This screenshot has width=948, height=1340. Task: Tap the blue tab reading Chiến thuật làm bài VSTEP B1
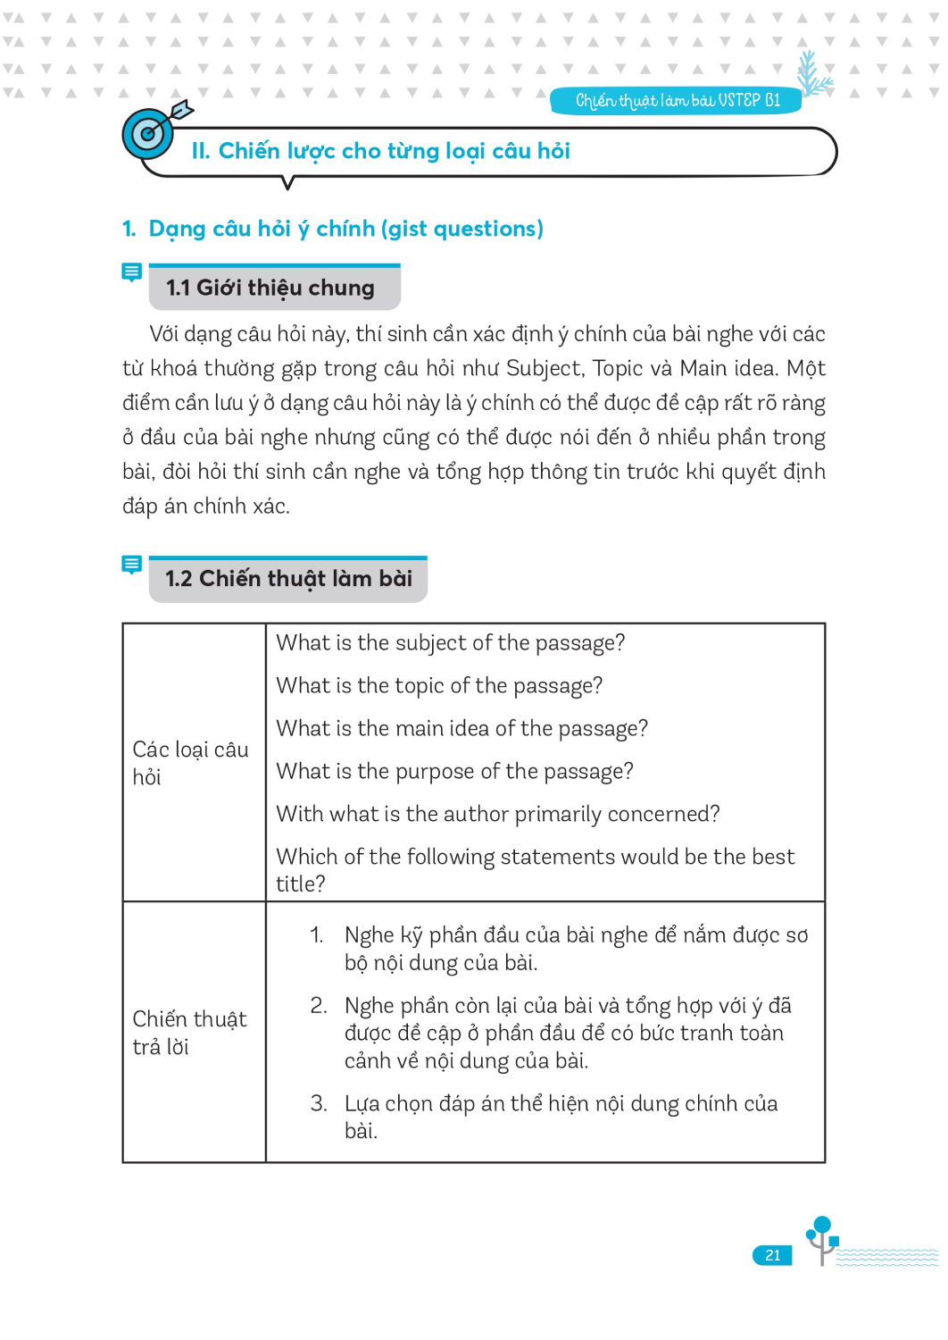[x=676, y=101]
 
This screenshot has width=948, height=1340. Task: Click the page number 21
[x=772, y=1255]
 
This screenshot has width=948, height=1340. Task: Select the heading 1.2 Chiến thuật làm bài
[x=288, y=579]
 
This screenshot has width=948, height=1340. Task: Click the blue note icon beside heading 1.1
[x=131, y=272]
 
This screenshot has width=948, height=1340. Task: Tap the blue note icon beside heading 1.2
[x=131, y=565]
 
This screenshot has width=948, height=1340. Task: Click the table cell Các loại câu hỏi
[x=191, y=763]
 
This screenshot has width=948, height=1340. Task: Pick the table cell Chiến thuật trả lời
[x=189, y=1033]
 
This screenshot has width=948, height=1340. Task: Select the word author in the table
[x=476, y=815]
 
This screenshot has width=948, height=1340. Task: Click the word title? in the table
[x=301, y=884]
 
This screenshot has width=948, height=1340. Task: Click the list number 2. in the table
[x=319, y=1006]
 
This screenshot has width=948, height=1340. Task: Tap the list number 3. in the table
[x=319, y=1104]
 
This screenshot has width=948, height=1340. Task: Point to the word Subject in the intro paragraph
[x=544, y=369]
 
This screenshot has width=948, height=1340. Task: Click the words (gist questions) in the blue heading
[x=462, y=229]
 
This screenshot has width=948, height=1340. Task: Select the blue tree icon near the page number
[x=822, y=1238]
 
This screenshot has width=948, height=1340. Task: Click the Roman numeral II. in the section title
[x=200, y=151]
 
